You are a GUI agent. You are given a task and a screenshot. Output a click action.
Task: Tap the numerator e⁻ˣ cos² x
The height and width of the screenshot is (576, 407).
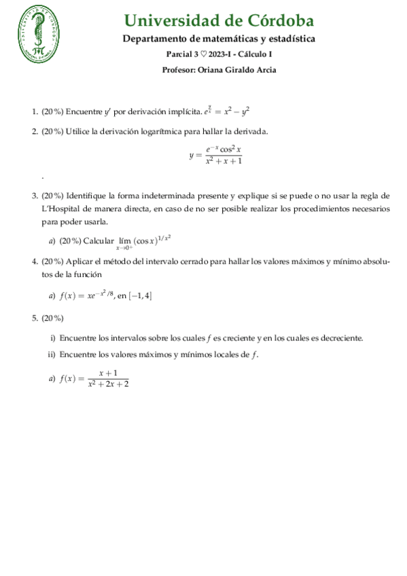click(224, 149)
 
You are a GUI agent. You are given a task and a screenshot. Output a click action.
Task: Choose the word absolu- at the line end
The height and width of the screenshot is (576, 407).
click(375, 262)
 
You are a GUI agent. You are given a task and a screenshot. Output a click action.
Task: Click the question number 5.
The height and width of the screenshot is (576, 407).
click(34, 318)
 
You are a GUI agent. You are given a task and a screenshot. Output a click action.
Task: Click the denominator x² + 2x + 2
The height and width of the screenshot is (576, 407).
click(108, 384)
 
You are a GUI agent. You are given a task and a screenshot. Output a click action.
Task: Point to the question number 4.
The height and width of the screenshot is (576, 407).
click(34, 262)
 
